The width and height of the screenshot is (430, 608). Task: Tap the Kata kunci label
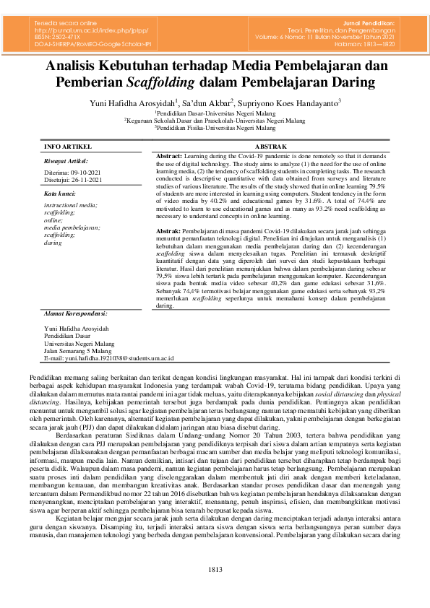pyautogui.click(x=60, y=194)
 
